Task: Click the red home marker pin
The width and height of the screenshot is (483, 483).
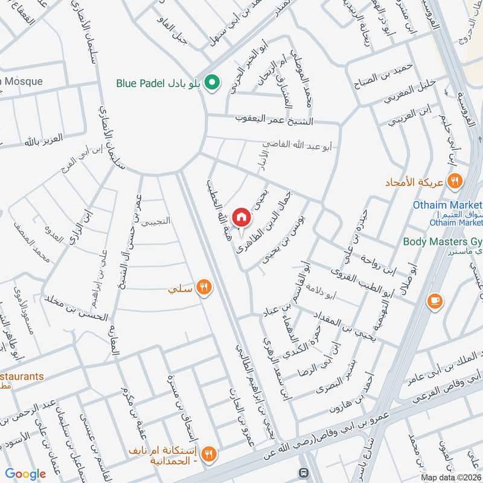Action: click(x=241, y=217)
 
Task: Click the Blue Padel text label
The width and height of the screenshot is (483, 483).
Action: click(x=140, y=83)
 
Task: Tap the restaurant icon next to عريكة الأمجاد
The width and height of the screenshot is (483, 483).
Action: click(x=455, y=181)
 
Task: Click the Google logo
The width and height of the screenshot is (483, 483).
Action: click(x=25, y=474)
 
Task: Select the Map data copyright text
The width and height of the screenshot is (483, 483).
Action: click(x=451, y=478)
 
